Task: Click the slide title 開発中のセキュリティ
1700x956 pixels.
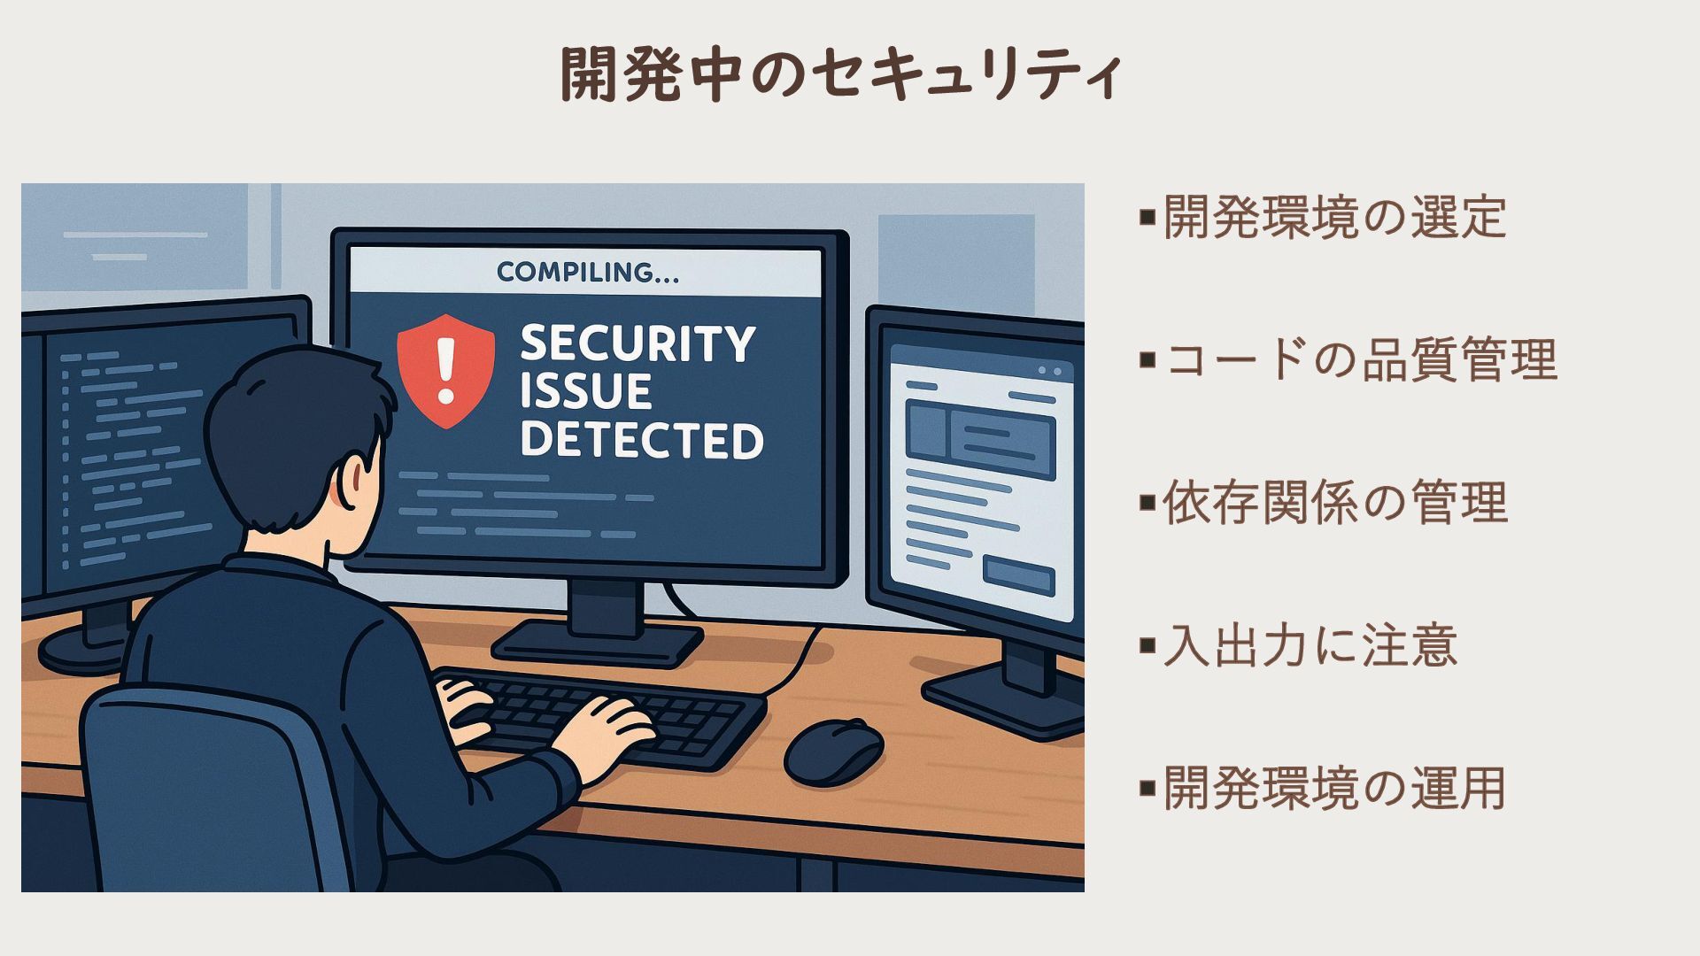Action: tap(842, 74)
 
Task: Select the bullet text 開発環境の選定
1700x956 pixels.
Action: tap(1333, 217)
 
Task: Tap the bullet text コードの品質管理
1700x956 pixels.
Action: tap(1359, 360)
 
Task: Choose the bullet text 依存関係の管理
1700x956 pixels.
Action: tap(1333, 503)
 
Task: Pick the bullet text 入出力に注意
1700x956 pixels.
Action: tap(1309, 645)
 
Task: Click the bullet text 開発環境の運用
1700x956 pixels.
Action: tap(1333, 788)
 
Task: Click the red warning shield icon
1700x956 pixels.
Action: tap(445, 370)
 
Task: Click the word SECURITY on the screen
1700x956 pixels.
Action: tap(637, 343)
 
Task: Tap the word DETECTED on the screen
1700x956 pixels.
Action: tap(641, 440)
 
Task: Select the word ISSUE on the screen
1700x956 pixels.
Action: tap(585, 392)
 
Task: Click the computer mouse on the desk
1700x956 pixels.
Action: tap(833, 751)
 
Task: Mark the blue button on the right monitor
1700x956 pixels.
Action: tap(1018, 576)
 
